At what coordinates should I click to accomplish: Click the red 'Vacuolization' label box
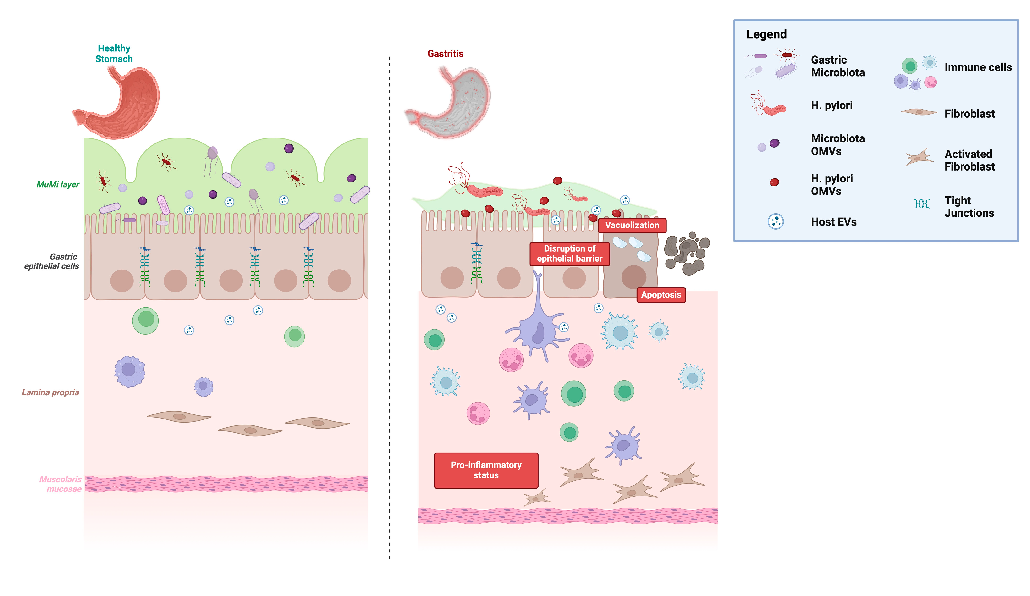632,225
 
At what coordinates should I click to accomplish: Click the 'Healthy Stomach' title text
114,54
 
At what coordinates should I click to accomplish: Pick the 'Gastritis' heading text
445,54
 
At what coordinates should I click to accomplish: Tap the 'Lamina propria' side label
50,392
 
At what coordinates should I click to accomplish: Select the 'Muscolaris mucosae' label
61,484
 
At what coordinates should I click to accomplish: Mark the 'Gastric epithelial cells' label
51,261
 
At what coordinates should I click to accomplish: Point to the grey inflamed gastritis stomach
450,104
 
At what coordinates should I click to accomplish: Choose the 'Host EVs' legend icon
775,221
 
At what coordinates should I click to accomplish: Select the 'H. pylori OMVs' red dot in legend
774,182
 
